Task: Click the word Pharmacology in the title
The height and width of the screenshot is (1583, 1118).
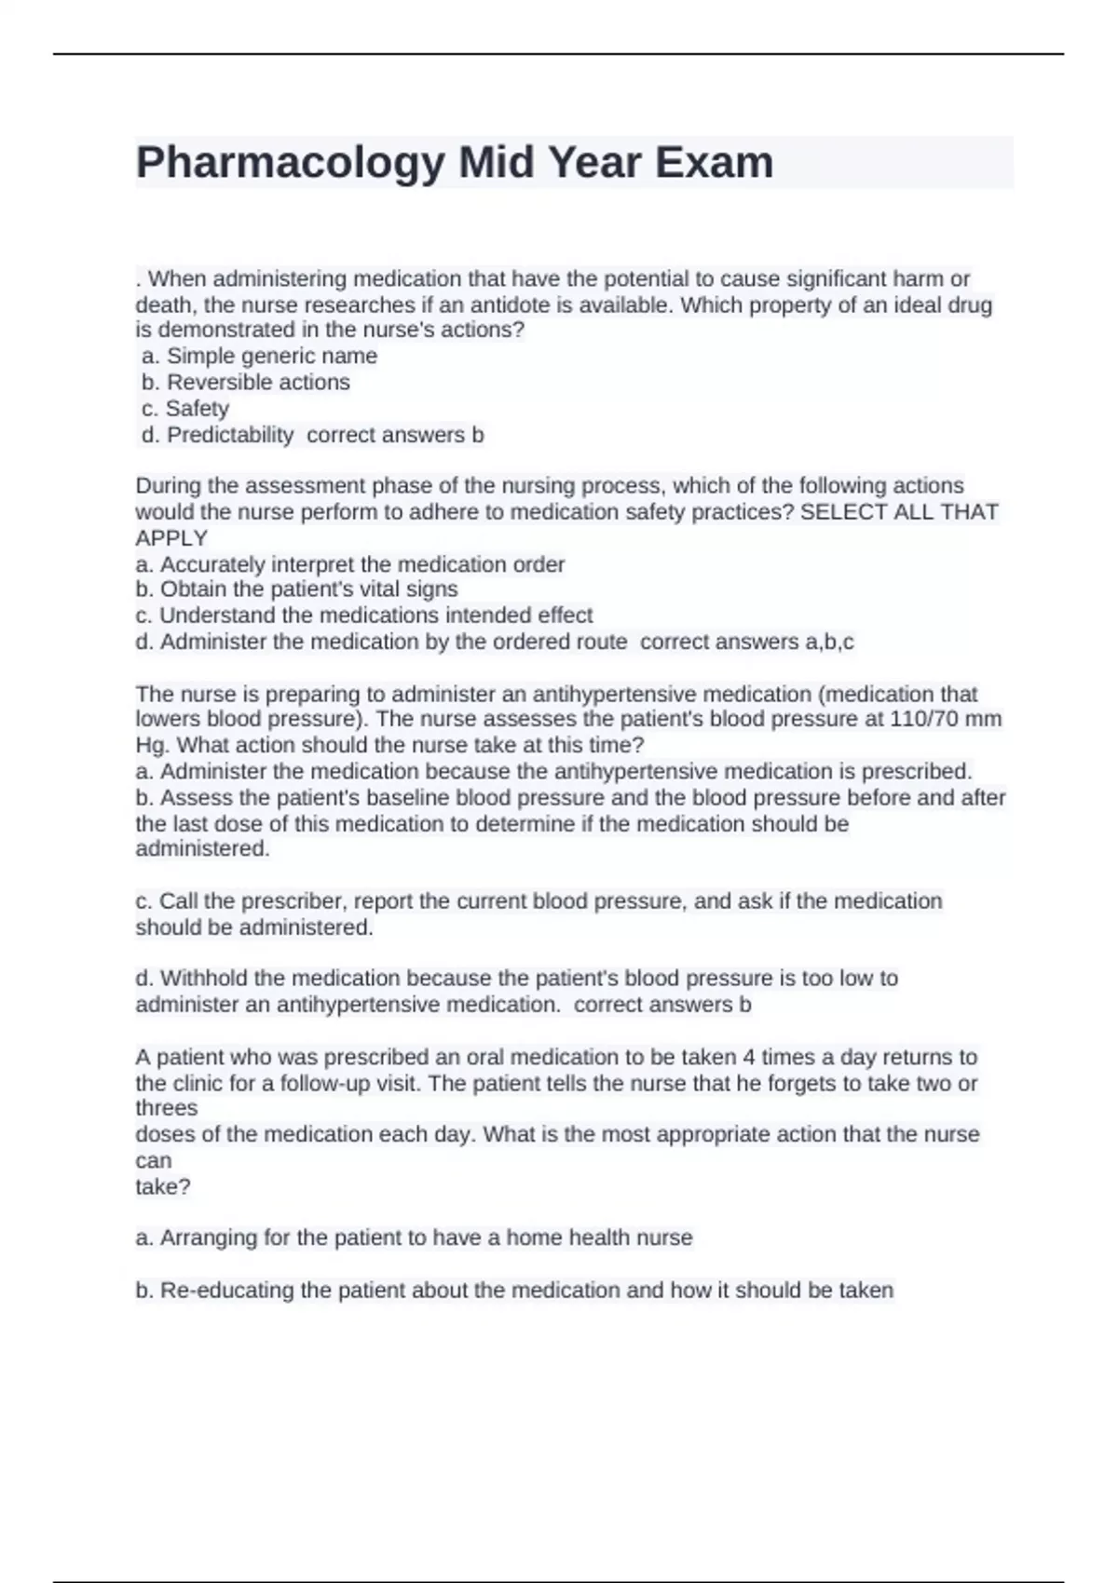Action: [290, 163]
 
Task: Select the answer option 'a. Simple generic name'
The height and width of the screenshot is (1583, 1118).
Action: [260, 356]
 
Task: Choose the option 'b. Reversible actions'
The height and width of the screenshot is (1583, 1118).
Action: [246, 382]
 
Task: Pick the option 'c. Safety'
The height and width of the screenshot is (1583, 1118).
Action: [185, 408]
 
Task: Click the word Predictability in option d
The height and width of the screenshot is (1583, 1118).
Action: [230, 435]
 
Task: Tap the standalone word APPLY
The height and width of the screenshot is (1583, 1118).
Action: [171, 538]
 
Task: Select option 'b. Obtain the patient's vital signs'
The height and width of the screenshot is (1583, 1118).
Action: [296, 589]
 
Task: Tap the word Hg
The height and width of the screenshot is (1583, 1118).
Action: [152, 745]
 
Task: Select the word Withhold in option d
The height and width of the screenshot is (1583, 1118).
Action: [203, 978]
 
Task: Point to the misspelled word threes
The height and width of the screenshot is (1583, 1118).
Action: [167, 1108]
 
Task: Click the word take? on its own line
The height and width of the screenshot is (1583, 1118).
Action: [163, 1186]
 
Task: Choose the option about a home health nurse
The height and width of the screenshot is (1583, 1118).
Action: [414, 1238]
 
